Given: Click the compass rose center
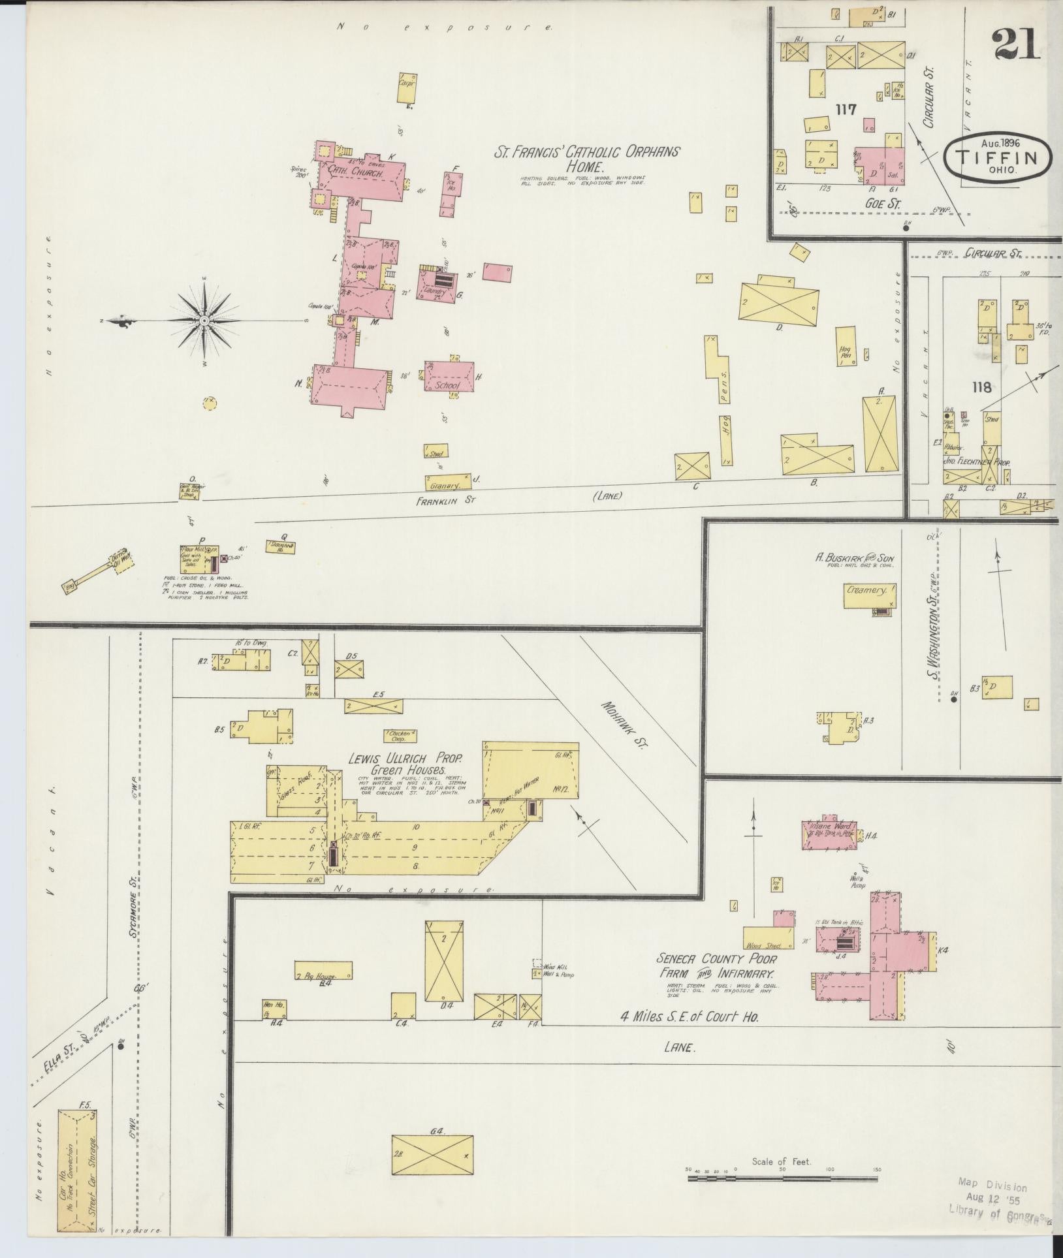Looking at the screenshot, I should click(204, 321).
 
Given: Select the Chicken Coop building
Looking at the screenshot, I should click(399, 736).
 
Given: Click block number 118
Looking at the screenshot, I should click(981, 388).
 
